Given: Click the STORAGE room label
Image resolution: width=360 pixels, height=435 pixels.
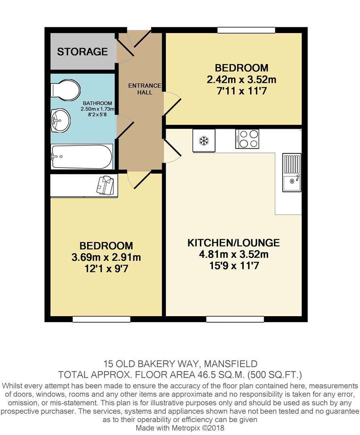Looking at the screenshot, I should point(82,52).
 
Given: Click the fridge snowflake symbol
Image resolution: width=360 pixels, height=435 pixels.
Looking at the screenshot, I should point(204,141).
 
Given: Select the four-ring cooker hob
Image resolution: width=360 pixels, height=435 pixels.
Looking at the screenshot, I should point(247,139).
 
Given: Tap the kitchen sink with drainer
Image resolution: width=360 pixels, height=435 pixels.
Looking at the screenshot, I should point(291,173).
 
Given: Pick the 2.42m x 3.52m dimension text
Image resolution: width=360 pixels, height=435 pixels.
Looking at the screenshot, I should point(241,79).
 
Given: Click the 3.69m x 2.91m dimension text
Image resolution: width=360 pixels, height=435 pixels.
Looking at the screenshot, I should point(106,257).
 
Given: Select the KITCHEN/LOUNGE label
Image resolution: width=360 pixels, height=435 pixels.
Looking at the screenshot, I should point(233,243).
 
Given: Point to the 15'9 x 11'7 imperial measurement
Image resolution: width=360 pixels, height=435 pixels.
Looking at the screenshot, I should point(233,266).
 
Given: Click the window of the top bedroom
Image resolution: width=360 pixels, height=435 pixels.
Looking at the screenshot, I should point(246,30).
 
